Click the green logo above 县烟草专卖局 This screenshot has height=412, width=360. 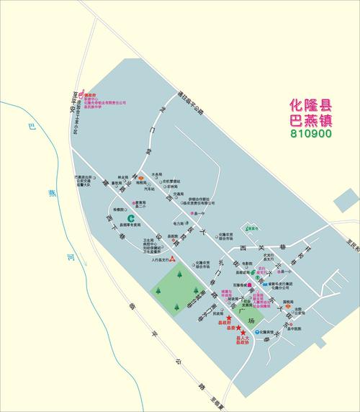(x=131, y=217)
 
